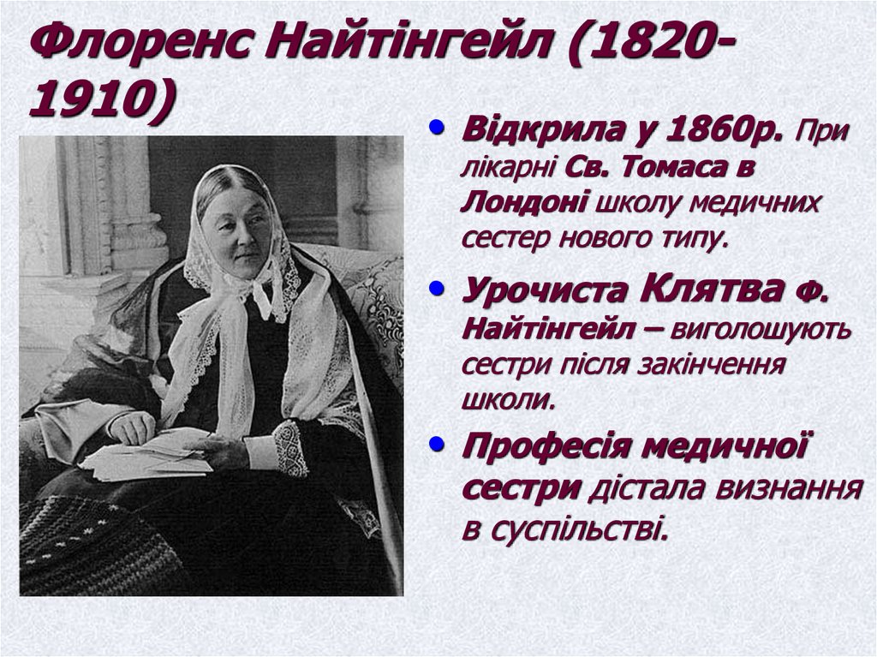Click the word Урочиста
545,291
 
